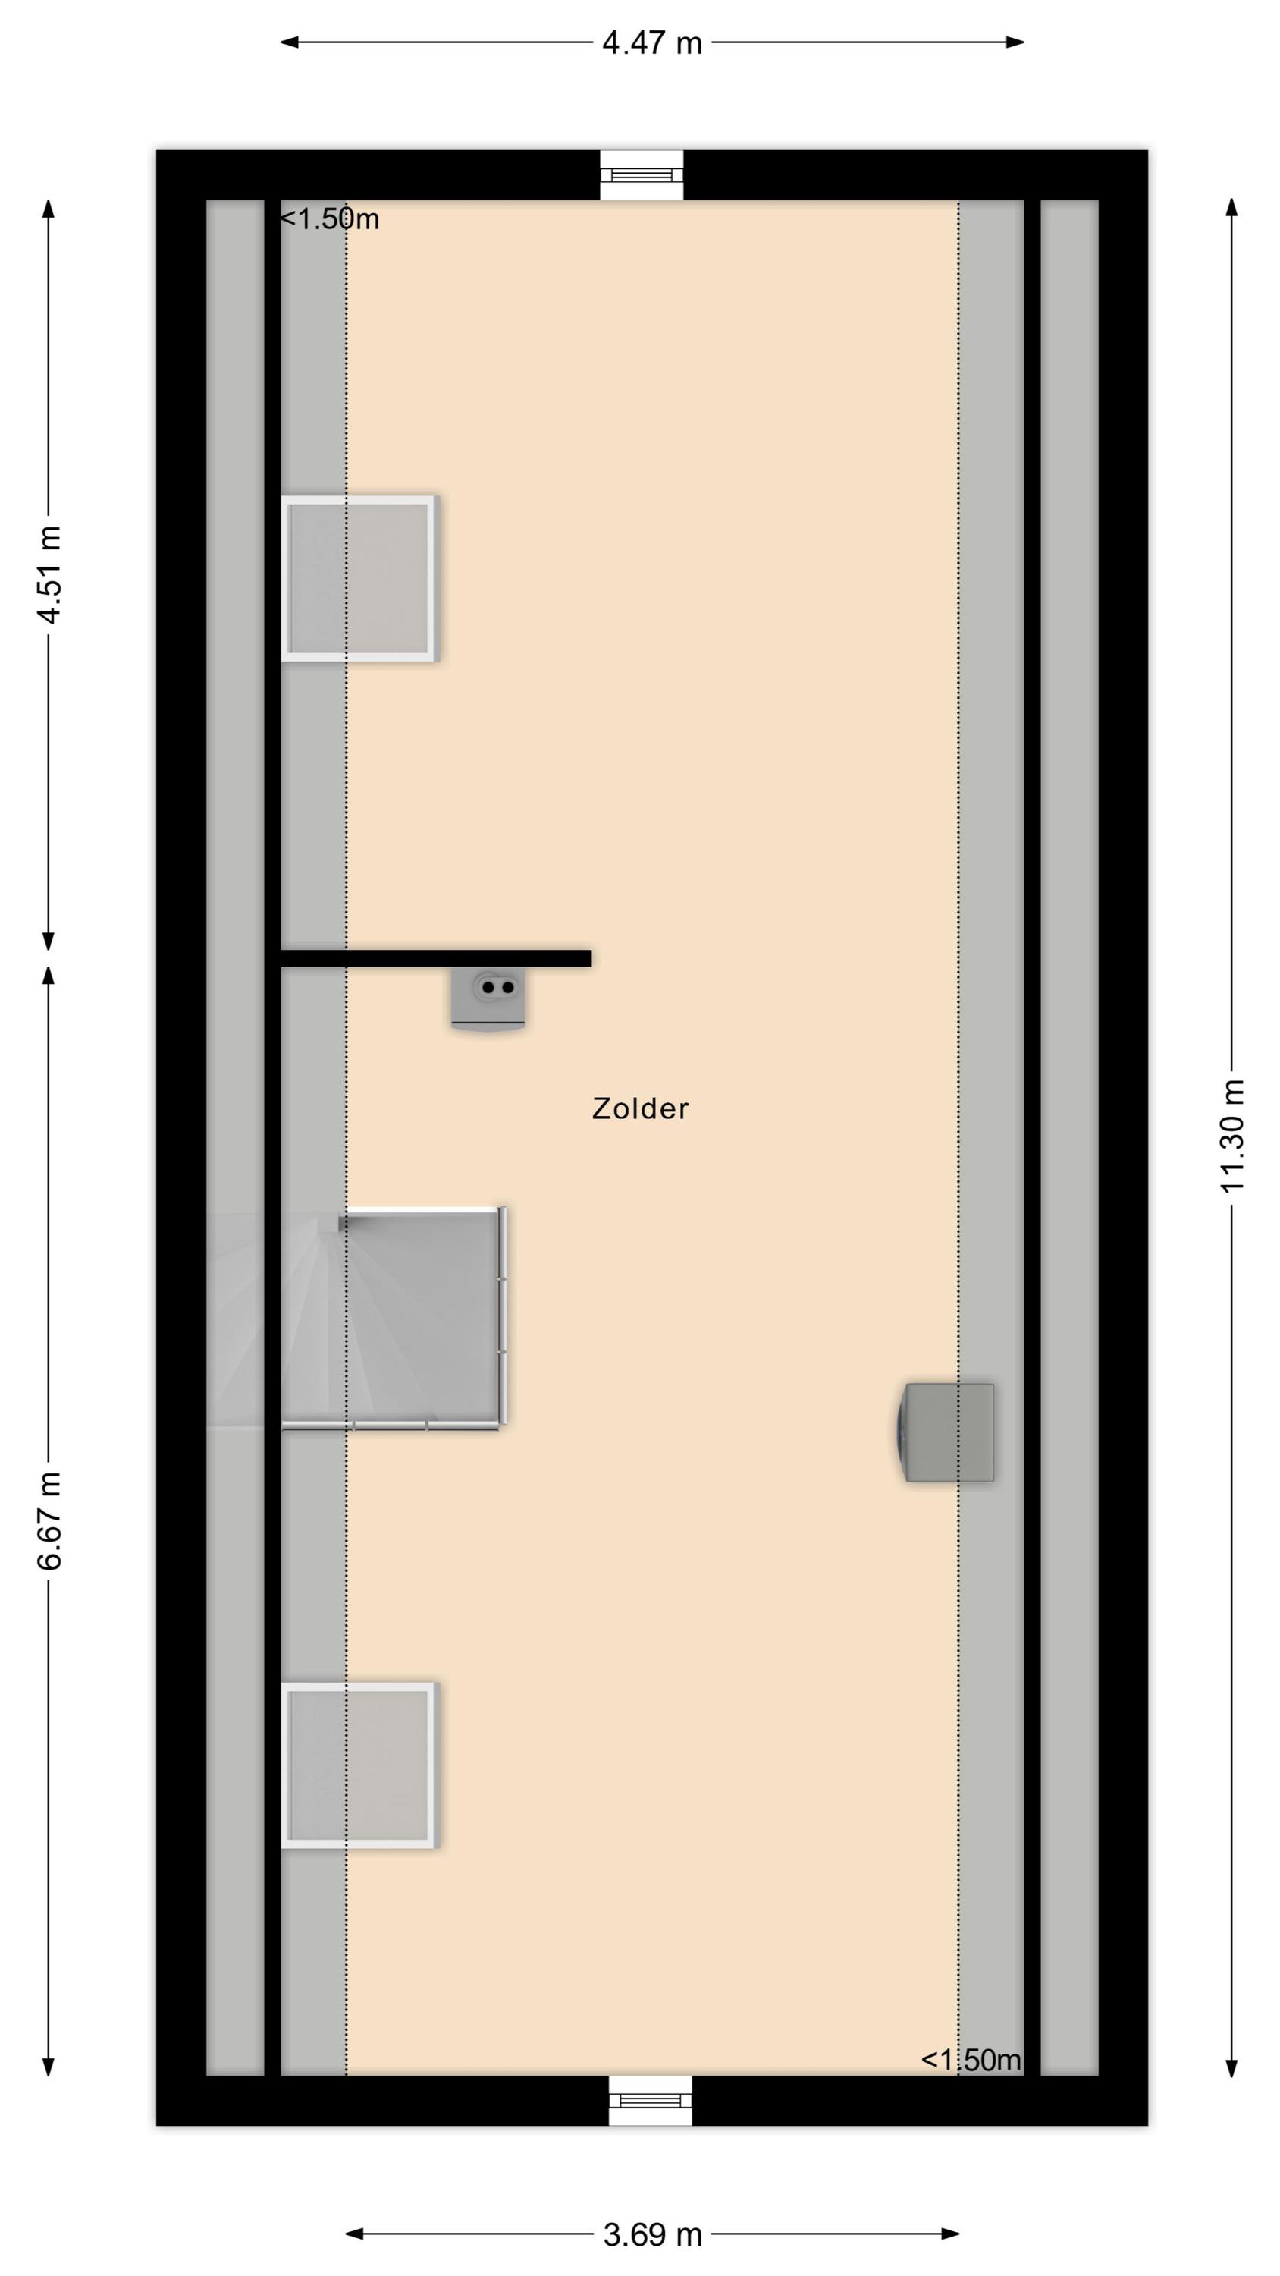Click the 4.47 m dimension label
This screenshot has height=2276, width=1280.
click(x=652, y=42)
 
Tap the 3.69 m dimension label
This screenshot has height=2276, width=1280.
click(x=653, y=2234)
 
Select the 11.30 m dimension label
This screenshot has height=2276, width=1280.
click(x=1231, y=1136)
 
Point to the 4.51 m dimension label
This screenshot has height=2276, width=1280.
click(x=49, y=574)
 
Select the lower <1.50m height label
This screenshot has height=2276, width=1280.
click(x=971, y=2060)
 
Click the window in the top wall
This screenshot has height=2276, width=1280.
click(x=642, y=175)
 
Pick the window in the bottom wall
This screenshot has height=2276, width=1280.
click(x=650, y=2100)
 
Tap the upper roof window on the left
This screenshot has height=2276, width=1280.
click(x=358, y=579)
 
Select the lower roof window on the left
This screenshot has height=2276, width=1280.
click(x=358, y=1765)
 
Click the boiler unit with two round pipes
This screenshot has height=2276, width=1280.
click(x=488, y=998)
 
